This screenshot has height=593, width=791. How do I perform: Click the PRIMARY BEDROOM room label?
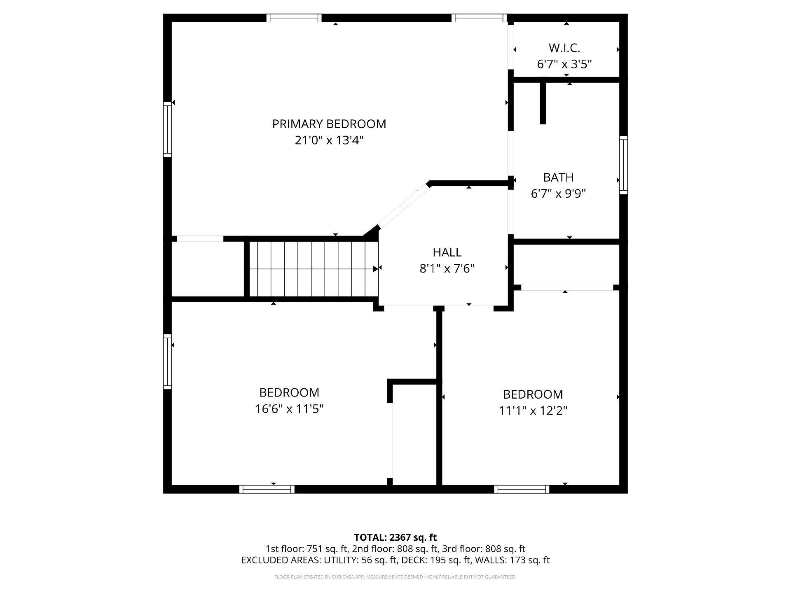tap(329, 124)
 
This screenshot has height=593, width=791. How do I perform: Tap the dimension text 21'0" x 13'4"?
tap(329, 140)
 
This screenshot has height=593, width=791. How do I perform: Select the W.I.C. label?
tap(564, 48)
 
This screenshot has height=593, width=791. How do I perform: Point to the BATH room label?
tap(558, 177)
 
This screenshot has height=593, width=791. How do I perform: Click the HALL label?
tap(447, 252)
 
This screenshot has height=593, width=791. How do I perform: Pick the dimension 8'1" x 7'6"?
tap(447, 268)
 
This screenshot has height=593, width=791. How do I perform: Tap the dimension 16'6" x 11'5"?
tap(289, 409)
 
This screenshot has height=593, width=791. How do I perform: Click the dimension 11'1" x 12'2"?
tap(533, 411)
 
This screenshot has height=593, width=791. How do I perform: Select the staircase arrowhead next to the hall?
tap(375, 269)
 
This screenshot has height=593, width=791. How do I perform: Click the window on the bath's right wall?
tap(623, 165)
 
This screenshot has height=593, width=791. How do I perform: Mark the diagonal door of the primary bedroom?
tap(404, 206)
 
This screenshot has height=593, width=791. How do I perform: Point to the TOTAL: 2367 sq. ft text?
tap(395, 537)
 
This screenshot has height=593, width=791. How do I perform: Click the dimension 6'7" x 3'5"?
tap(564, 64)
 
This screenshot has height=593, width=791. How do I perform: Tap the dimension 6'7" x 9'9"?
tap(558, 194)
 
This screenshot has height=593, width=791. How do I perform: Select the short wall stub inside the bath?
tap(543, 103)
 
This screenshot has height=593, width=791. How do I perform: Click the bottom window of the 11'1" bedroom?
tap(522, 489)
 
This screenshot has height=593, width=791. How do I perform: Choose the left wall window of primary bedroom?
tap(167, 129)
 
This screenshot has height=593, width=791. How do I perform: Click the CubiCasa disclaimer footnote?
tap(395, 577)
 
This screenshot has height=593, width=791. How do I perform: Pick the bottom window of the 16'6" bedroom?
tap(267, 489)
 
